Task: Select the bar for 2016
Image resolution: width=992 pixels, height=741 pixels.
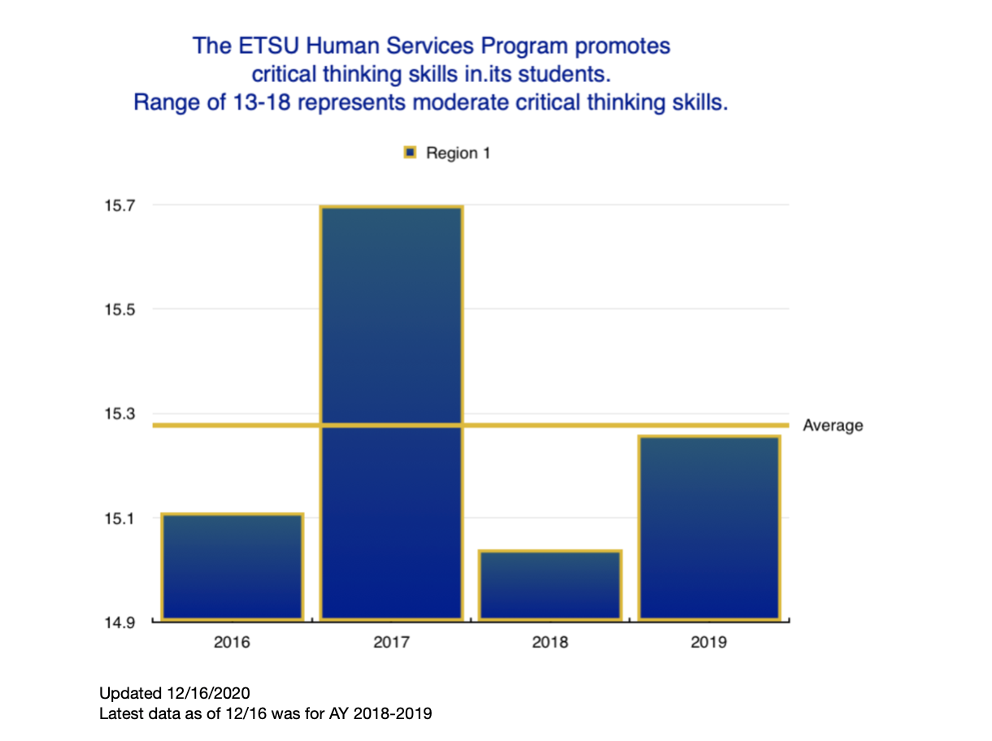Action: tap(232, 567)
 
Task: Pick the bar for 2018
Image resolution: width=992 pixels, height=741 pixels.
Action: tap(550, 585)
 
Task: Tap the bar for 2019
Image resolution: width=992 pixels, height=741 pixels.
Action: tap(709, 528)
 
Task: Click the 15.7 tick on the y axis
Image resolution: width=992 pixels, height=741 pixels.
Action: tap(118, 206)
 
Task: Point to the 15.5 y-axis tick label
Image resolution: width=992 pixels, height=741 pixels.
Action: tap(118, 310)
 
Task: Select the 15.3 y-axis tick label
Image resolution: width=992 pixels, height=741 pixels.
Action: tap(118, 414)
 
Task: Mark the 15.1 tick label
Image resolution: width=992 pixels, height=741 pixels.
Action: tap(118, 518)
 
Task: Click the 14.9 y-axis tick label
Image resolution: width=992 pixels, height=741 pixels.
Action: tap(118, 622)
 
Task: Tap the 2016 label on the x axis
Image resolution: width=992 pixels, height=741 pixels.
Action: tap(232, 643)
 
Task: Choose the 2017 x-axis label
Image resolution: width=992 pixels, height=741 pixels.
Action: tap(391, 643)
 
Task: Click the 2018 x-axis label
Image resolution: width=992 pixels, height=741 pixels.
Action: tap(550, 643)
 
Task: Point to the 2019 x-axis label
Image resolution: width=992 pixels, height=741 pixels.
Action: tap(709, 643)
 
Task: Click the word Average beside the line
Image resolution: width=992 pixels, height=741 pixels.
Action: tap(833, 426)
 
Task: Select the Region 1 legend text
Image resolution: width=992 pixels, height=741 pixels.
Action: tap(458, 153)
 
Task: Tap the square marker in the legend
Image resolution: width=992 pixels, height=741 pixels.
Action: tap(411, 153)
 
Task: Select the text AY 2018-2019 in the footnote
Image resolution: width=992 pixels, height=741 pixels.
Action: tap(389, 714)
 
